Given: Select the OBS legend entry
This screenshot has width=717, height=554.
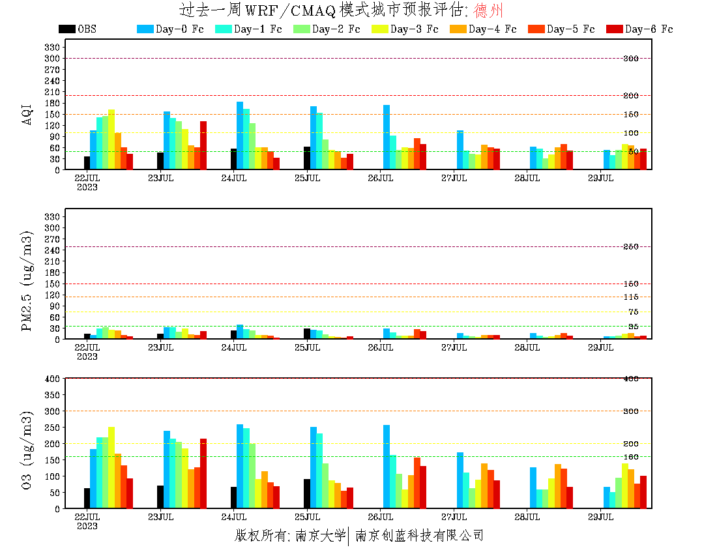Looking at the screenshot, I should (x=78, y=29).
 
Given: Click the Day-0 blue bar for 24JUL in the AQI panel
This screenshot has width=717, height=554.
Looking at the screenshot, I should (x=240, y=136).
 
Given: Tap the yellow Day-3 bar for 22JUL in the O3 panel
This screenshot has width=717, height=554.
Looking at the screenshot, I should (x=111, y=467).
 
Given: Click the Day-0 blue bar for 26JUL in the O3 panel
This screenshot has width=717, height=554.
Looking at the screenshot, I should (x=387, y=467).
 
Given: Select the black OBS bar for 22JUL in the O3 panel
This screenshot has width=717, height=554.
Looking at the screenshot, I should (x=87, y=498).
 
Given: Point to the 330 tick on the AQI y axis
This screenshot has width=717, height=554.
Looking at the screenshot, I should (x=53, y=47).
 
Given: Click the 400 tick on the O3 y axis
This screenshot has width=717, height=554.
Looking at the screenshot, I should (x=53, y=379).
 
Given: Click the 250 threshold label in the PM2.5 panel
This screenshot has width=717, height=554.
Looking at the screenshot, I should (x=632, y=247).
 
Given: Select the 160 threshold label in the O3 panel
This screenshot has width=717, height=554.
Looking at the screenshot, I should (x=632, y=457).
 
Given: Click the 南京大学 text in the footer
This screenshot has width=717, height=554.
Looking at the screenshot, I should (x=320, y=536).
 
